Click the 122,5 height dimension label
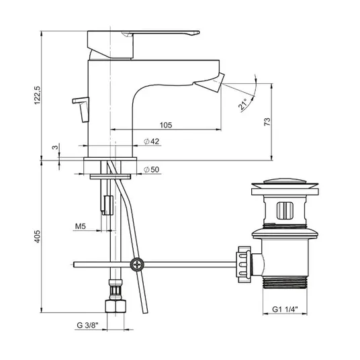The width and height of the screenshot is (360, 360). (37, 95)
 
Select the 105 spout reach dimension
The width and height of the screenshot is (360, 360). (166, 125)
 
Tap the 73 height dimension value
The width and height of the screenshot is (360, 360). (267, 122)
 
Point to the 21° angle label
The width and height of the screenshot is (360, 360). (242, 104)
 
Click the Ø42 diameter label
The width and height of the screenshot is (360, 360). (151, 142)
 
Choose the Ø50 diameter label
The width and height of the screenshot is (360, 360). (151, 170)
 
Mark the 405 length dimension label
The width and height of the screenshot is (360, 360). (37, 236)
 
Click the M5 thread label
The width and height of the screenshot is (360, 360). (81, 226)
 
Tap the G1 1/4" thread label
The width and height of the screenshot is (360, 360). (285, 309)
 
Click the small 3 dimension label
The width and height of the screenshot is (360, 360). (55, 147)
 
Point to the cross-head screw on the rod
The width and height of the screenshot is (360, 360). (137, 265)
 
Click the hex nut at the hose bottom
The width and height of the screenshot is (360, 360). (116, 306)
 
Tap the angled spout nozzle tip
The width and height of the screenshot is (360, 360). (210, 83)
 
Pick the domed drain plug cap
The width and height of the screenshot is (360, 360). (285, 183)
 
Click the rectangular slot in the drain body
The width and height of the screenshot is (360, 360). (285, 210)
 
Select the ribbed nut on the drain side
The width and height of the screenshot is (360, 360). (244, 264)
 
